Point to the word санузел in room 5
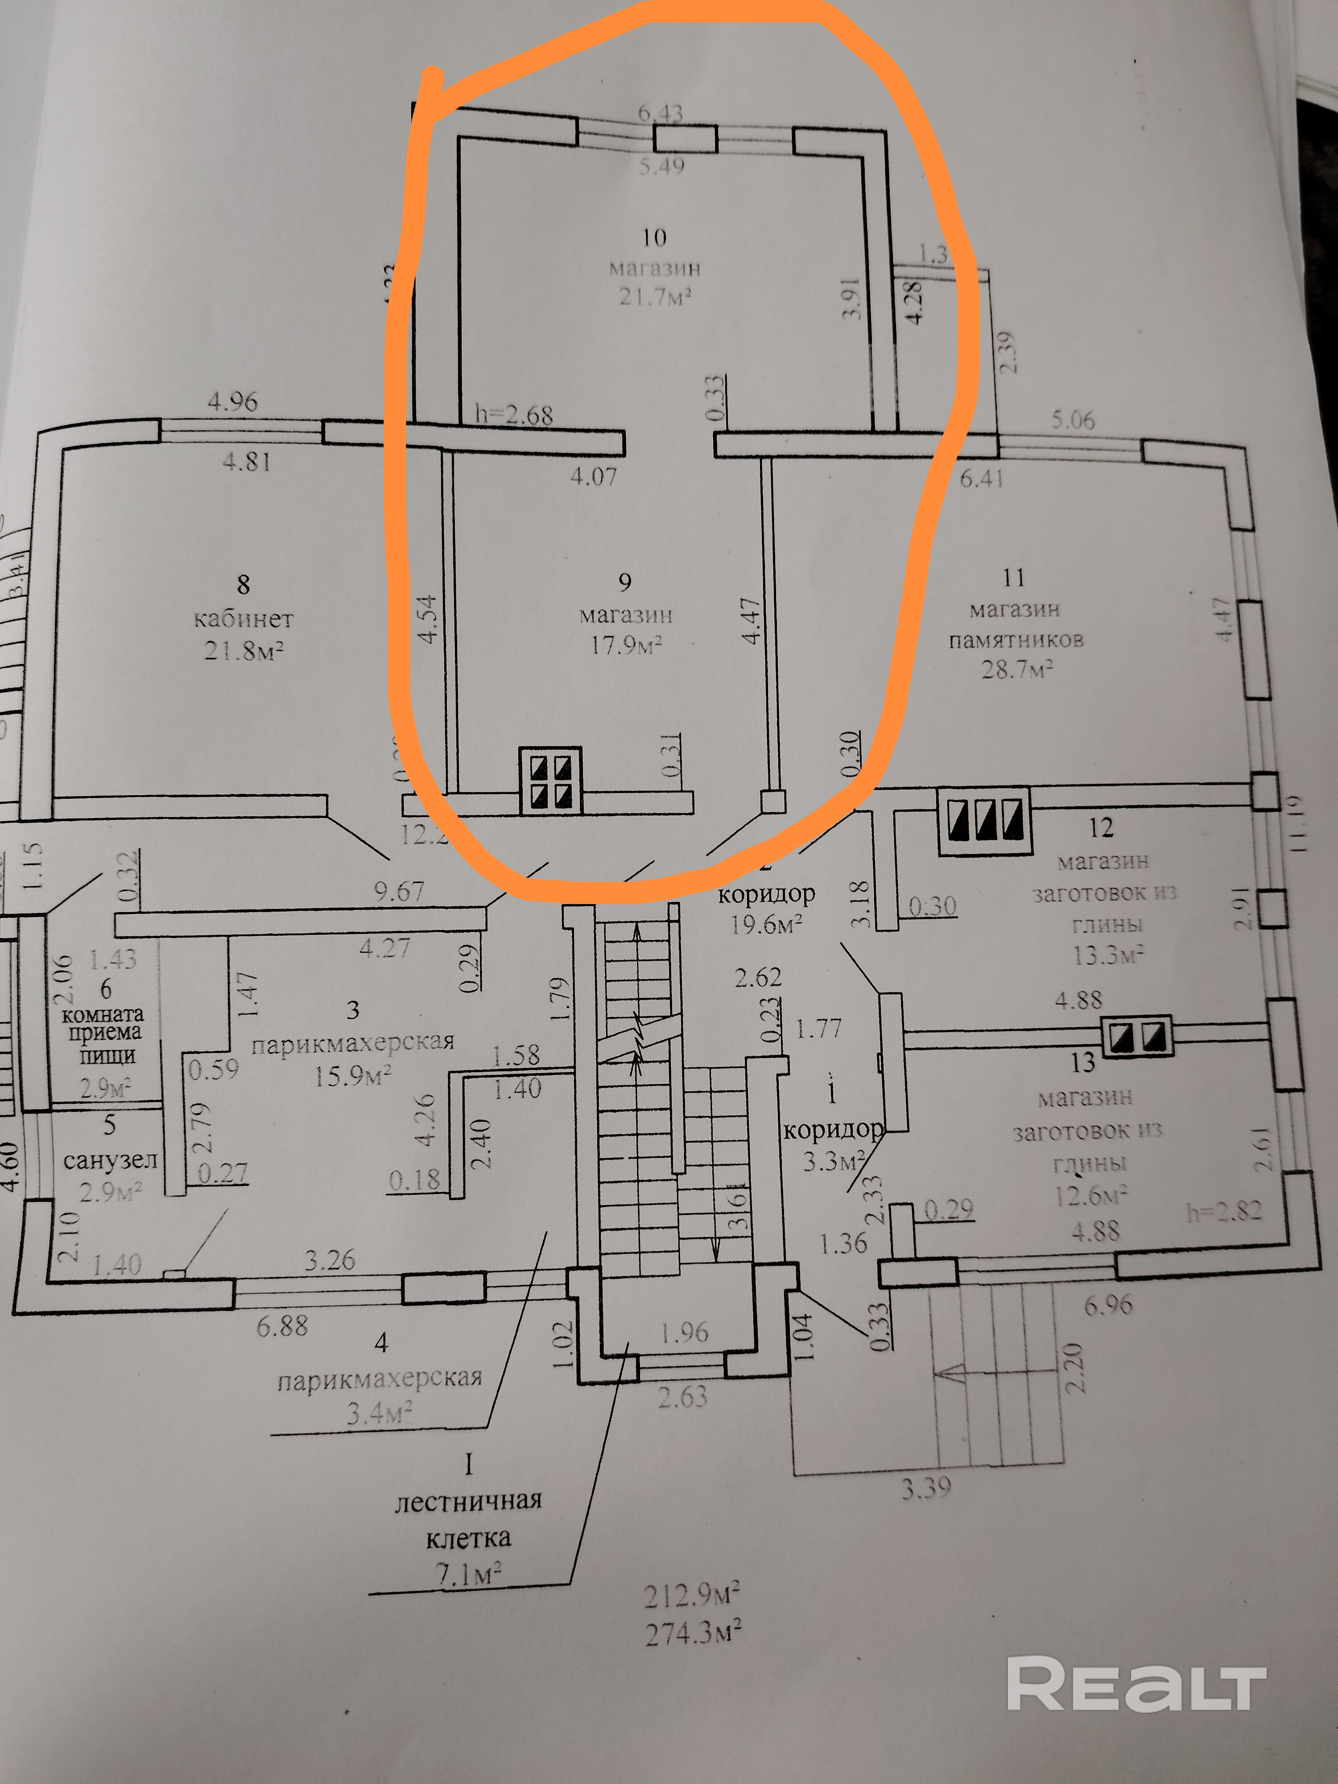click(110, 1160)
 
